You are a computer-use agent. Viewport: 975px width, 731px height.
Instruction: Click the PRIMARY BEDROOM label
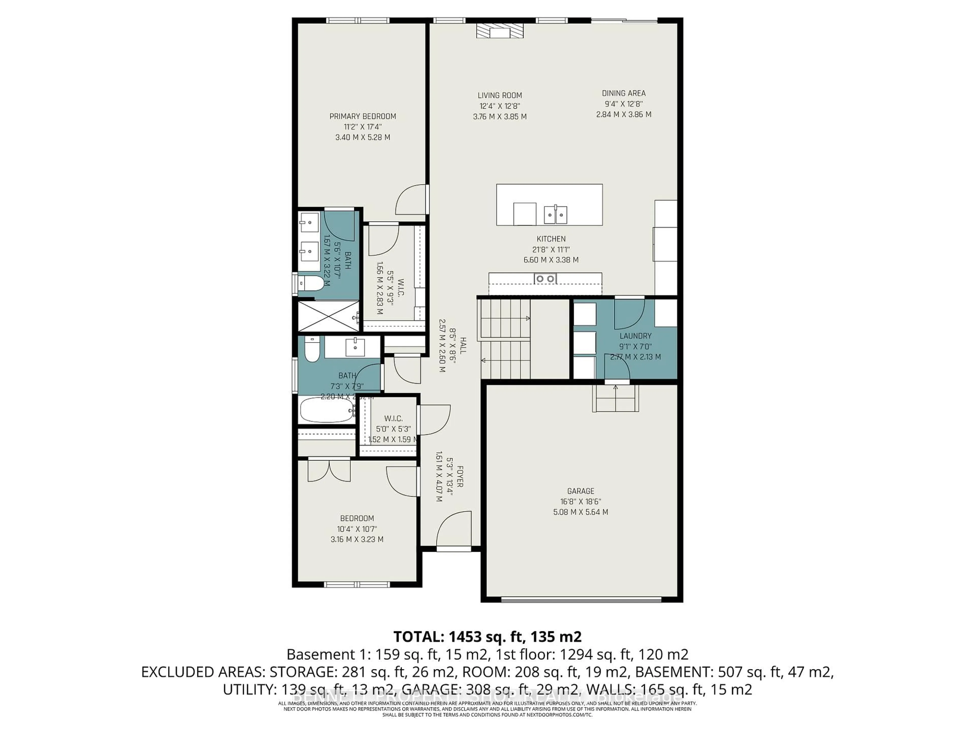point(363,116)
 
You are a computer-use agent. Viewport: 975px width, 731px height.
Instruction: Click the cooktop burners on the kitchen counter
point(545,278)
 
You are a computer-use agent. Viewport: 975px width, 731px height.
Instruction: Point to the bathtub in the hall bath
point(327,410)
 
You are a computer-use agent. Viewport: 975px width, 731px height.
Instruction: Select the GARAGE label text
point(580,491)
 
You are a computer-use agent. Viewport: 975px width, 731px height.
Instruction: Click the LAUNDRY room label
point(635,336)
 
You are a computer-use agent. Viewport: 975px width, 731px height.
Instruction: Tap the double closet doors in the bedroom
point(329,470)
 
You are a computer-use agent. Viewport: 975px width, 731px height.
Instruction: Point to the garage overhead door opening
point(581,599)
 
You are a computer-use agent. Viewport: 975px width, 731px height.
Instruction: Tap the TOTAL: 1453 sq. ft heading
point(487,637)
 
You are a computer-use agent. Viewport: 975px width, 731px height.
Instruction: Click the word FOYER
point(460,476)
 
